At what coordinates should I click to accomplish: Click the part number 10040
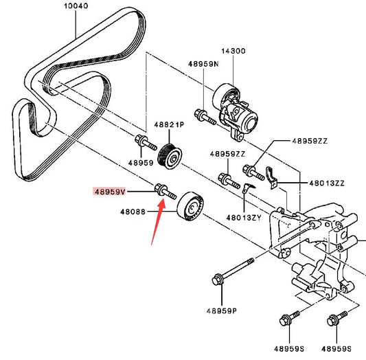pos(76,5)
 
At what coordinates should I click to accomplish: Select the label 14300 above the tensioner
pos(233,51)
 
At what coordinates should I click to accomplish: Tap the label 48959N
pos(203,64)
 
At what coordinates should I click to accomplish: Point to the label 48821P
pos(169,124)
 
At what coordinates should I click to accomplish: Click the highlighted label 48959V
pos(109,192)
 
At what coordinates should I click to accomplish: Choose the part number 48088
pos(133,212)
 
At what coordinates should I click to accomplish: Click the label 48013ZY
pos(244,218)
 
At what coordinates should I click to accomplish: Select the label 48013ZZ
pos(327,183)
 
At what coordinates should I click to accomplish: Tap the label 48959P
pos(222,311)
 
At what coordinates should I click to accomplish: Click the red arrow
pos(158,222)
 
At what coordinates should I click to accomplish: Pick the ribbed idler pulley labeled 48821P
pos(170,155)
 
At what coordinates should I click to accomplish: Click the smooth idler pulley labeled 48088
pos(191,206)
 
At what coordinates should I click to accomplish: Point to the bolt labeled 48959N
pos(205,117)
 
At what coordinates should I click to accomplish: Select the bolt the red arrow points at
pos(165,192)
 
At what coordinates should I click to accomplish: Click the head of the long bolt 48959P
pos(218,279)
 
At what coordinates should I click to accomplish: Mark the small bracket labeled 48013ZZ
pos(271,177)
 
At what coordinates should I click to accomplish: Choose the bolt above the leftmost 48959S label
pos(290,318)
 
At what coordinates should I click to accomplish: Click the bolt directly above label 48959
pos(146,142)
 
